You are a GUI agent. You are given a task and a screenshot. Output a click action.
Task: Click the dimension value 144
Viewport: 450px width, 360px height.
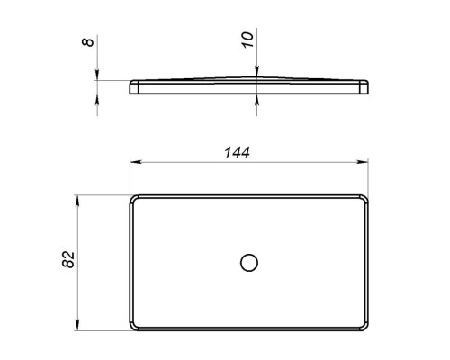(x=237, y=153)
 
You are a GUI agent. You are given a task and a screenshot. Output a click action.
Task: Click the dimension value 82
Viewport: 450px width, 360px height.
(x=68, y=259)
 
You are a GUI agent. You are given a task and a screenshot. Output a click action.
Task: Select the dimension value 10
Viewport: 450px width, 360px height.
(x=247, y=40)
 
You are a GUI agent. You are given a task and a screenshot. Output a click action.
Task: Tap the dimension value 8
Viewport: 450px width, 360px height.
(x=87, y=40)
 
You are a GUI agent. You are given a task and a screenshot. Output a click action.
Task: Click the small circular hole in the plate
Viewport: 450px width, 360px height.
(x=249, y=263)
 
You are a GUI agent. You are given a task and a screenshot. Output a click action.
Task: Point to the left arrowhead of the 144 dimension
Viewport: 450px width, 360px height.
(x=136, y=162)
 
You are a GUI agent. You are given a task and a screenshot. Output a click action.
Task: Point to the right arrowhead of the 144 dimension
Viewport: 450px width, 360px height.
(x=363, y=162)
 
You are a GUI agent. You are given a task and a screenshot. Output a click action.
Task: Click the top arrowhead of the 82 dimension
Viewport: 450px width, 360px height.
(x=77, y=201)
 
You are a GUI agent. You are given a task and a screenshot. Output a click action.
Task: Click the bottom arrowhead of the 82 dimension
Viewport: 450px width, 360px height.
(x=77, y=325)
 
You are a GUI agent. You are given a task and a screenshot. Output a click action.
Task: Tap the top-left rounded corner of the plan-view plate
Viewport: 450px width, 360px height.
(x=133, y=198)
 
